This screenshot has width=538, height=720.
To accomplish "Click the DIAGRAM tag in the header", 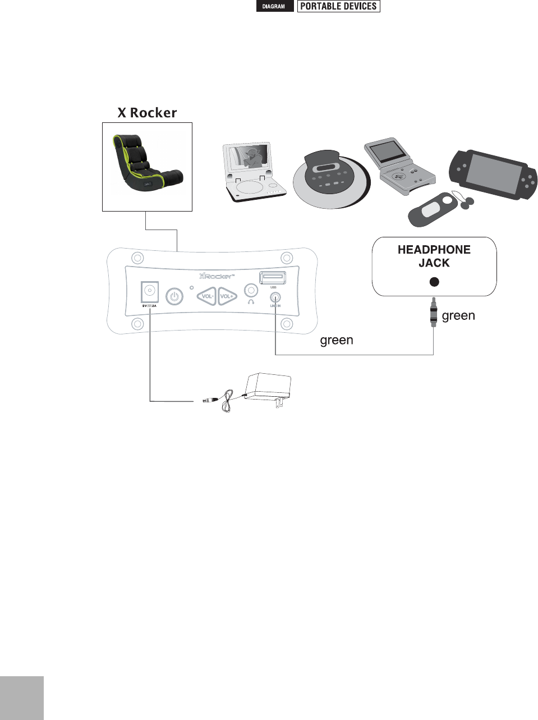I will (x=274, y=7).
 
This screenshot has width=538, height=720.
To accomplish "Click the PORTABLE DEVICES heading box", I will (x=338, y=7).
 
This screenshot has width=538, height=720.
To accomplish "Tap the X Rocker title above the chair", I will (x=147, y=113).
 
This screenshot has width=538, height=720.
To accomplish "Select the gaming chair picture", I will (x=147, y=167).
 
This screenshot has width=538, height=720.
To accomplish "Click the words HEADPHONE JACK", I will (x=434, y=256).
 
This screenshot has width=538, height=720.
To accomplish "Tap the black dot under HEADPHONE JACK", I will (x=434, y=282).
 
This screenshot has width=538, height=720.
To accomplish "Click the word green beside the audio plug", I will (x=458, y=315).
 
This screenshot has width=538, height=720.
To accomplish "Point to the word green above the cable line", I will (x=337, y=340).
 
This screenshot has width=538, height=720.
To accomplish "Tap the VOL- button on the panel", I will (x=206, y=296).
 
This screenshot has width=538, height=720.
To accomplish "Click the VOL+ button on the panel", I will (x=227, y=296).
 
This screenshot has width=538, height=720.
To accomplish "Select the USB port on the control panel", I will (x=273, y=277).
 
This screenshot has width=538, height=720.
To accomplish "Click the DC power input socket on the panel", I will (x=149, y=292).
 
